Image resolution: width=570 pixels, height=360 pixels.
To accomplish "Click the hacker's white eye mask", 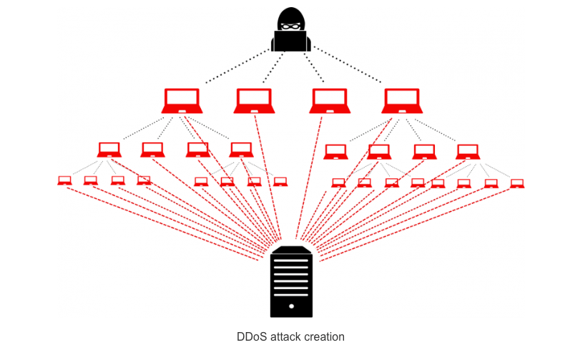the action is pos(291,26).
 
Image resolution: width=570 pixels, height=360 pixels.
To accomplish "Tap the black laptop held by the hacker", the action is pos(290,41).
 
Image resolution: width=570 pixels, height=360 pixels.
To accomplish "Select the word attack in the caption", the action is pos(285,336).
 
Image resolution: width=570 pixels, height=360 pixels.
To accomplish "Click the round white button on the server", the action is pos(291,306).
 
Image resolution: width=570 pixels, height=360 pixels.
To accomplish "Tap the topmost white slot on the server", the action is pos(291,261).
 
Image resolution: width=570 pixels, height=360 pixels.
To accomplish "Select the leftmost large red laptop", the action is pos(182,101).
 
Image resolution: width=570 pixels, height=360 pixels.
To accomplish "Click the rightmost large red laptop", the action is pos(402,101).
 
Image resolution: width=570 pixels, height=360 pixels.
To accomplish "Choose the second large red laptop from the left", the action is pos(254,101).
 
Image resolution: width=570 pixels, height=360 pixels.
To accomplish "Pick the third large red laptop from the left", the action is pos(330,101).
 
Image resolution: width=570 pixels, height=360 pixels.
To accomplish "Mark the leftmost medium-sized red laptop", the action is pos(109,150).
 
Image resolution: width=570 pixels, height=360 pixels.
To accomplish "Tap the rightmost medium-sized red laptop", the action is pos(468,152).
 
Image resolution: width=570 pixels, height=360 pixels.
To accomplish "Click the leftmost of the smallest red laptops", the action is pos(64,180).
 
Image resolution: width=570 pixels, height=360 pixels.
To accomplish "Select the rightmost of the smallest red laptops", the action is pos(517,183).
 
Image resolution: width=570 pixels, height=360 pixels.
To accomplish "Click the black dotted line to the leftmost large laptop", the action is pos(237,66).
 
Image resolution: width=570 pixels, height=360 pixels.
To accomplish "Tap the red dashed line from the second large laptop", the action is pos(267,177).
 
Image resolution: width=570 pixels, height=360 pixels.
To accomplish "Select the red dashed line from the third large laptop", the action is pos(309,177).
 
